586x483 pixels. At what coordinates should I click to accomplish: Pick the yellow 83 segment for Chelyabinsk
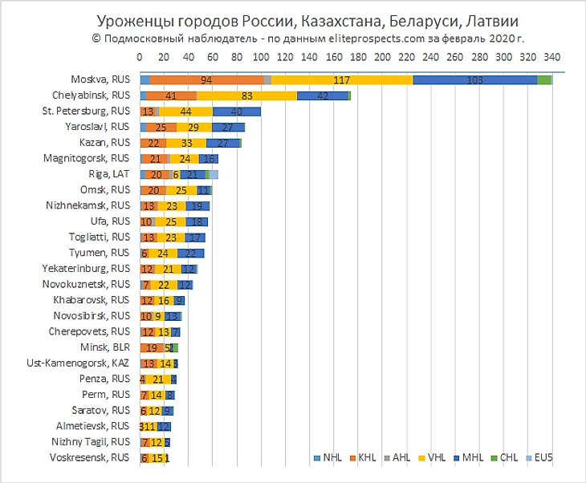click(x=246, y=95)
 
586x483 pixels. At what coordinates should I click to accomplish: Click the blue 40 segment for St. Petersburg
click(x=236, y=112)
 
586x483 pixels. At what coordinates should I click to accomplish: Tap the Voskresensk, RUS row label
click(x=92, y=457)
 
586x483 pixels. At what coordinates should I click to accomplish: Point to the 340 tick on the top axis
click(x=551, y=57)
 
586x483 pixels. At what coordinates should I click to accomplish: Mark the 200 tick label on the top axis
click(x=382, y=57)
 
